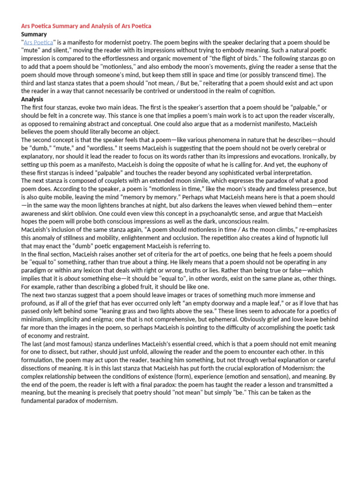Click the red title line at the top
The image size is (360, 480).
[86, 26]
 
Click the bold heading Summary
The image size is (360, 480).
[34, 34]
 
